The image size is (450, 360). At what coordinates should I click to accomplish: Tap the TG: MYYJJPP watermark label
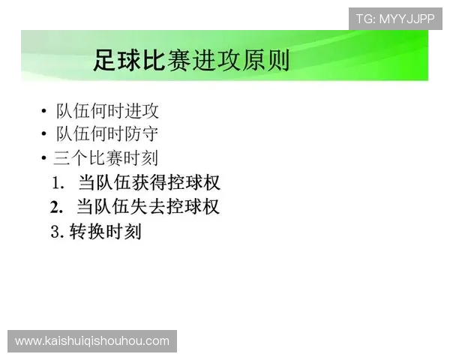click(394, 18)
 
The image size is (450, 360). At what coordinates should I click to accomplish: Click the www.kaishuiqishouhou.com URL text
click(92, 341)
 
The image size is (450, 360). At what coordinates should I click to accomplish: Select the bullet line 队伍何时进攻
click(107, 111)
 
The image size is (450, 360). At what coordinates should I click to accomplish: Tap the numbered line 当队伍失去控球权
click(148, 206)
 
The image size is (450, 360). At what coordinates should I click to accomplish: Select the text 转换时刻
click(105, 232)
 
